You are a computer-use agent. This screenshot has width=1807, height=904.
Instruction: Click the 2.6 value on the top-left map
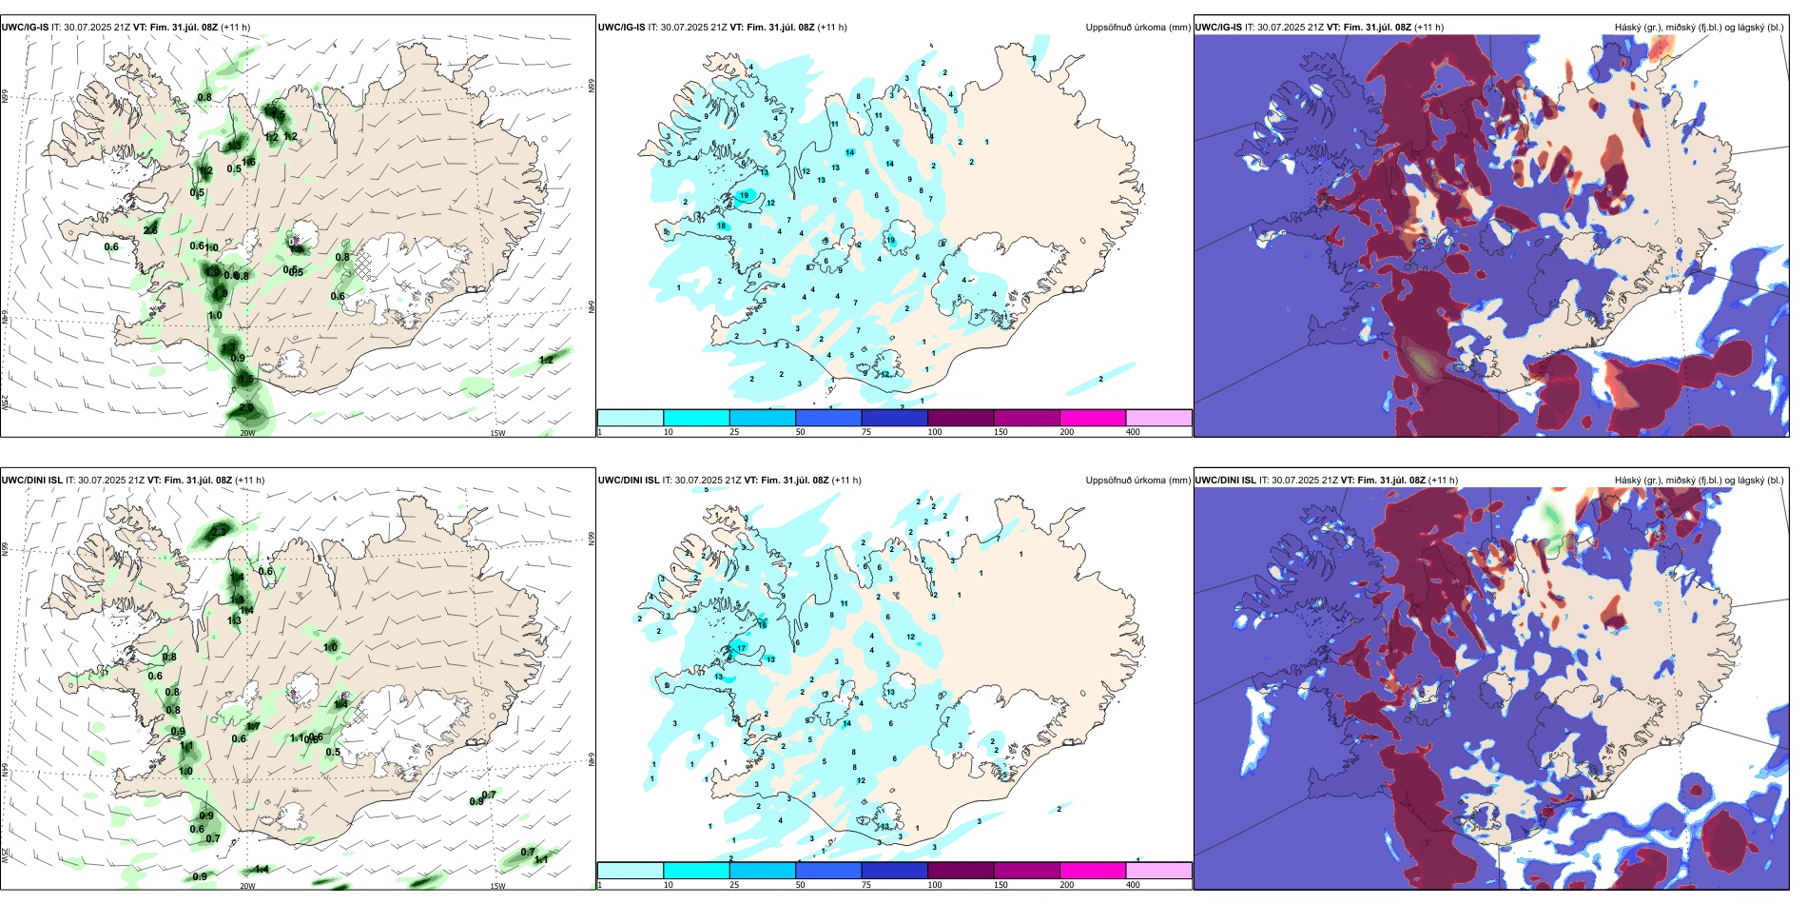[150, 230]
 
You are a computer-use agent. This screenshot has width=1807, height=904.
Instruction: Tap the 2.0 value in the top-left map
[246, 408]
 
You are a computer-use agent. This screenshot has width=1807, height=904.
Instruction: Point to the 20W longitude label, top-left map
[247, 433]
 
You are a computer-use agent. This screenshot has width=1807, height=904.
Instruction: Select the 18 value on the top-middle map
[722, 226]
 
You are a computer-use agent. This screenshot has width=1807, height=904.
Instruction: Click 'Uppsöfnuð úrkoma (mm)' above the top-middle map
[1137, 28]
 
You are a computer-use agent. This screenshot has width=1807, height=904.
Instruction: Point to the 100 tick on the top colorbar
[935, 432]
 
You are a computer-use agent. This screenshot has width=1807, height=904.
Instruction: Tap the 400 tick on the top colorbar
[1133, 432]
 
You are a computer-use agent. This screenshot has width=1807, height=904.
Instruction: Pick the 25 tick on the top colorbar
[734, 432]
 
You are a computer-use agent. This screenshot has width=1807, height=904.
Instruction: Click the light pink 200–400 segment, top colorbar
[1158, 418]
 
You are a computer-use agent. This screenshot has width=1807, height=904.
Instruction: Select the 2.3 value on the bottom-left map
[220, 531]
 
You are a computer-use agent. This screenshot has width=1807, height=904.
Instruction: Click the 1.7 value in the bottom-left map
[254, 726]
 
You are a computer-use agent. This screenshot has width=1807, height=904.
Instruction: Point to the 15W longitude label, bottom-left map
[497, 886]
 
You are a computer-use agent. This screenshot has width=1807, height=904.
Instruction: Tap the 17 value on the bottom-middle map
[742, 648]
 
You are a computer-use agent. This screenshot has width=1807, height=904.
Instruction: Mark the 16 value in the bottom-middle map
[762, 625]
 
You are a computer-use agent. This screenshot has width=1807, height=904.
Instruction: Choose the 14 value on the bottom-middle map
[846, 723]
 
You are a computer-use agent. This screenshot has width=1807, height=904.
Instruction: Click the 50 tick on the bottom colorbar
[800, 885]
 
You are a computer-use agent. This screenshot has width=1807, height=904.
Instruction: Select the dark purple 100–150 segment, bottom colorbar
[961, 870]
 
